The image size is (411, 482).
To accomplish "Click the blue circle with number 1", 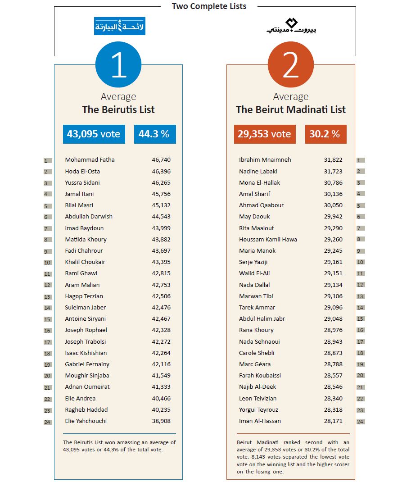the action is click(118, 64).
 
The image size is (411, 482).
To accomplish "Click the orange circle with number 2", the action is click(291, 64).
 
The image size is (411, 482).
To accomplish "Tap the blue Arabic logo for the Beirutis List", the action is click(119, 26).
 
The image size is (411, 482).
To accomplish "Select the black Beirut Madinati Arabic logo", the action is click(291, 26).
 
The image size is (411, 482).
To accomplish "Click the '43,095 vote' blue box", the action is click(94, 134).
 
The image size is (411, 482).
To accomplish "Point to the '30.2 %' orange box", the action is click(325, 134).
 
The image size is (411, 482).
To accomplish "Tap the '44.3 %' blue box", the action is click(155, 134).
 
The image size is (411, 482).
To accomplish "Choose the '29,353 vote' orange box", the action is click(265, 134).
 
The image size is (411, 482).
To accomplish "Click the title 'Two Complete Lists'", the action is click(209, 6).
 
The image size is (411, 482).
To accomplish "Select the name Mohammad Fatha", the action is click(90, 159).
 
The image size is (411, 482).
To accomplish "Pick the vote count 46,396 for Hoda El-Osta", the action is click(161, 171).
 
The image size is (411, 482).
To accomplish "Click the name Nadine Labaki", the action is click(258, 171).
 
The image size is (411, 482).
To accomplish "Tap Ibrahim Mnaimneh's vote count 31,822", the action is click(333, 159).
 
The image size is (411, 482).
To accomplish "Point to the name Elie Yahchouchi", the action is click(86, 421).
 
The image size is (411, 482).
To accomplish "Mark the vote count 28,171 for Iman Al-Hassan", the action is click(333, 421).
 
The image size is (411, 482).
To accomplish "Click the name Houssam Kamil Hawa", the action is click(268, 239).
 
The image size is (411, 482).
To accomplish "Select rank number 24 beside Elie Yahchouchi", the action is click(47, 422).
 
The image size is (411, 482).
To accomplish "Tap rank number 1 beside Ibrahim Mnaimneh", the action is click(360, 160).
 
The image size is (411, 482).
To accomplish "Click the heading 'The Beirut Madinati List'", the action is click(291, 109).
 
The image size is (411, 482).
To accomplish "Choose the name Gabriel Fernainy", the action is click(87, 364).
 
